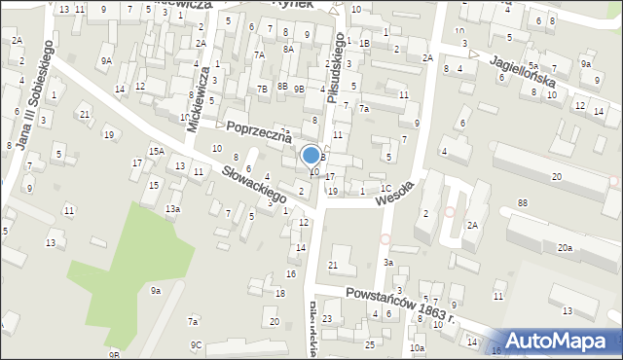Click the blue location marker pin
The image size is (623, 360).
point(311,156)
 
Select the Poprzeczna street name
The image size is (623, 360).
point(259,132)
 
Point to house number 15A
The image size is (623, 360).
point(156,151)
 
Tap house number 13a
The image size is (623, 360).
point(172,209)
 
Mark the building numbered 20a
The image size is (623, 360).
point(565,248)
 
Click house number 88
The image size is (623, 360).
point(523,202)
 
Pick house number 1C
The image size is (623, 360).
point(386,189)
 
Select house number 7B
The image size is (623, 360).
point(262,90)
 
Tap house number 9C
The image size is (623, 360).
point(196,344)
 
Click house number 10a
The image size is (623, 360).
point(417,347)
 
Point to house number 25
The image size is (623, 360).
point(370,344)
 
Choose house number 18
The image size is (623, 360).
point(280,293)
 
